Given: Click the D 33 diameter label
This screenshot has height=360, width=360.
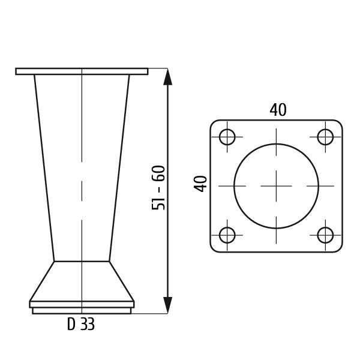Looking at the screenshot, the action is [81, 324].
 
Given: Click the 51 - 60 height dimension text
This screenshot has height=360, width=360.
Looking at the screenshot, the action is [158, 188].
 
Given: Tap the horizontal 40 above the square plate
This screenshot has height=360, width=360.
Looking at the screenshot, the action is [278, 110].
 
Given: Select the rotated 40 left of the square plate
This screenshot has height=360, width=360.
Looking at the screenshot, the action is [200, 184].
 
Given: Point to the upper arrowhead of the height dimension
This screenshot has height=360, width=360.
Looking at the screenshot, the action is [168, 77].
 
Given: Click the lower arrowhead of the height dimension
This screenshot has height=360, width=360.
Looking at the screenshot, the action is [168, 305].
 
